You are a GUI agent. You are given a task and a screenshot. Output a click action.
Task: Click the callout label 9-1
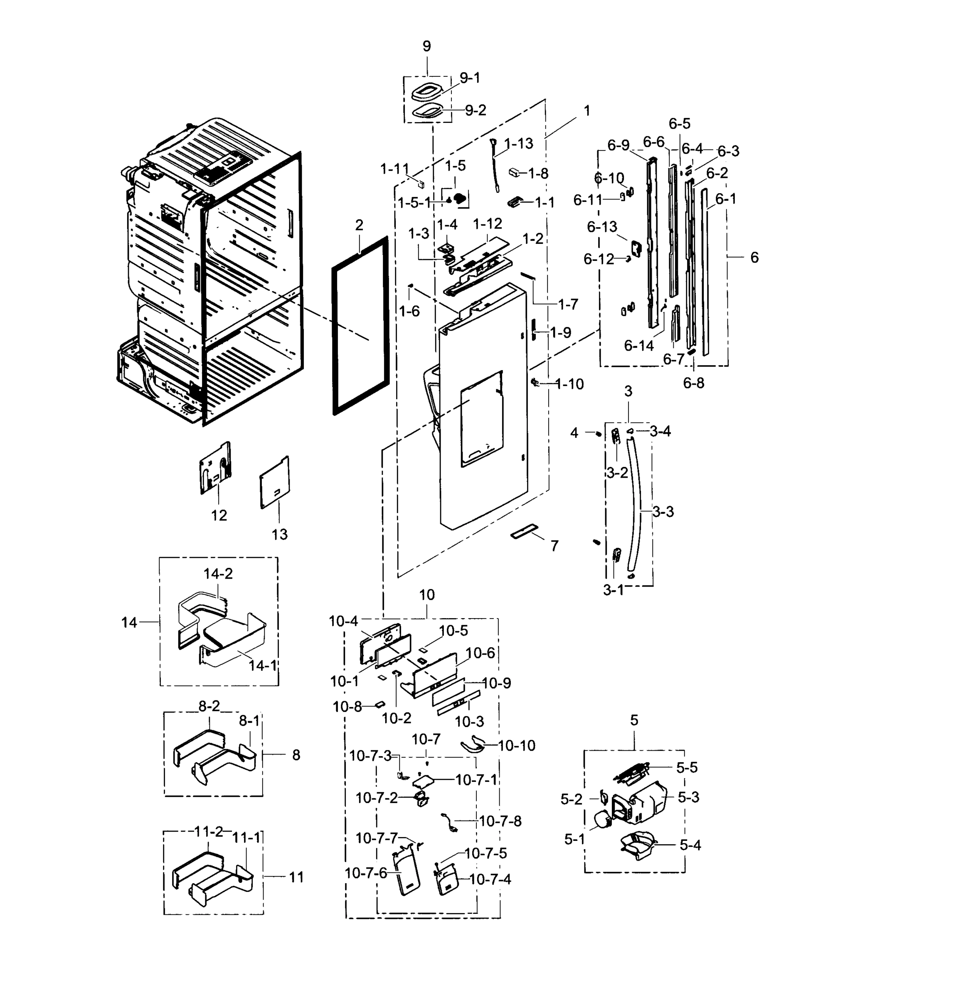pos(469,78)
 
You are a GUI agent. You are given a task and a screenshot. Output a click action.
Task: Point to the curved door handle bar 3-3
pos(637,503)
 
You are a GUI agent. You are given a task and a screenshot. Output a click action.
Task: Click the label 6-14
pos(638,346)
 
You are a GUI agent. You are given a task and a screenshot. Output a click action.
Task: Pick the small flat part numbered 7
pos(524,533)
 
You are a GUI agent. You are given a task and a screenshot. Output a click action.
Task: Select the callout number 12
pos(219,515)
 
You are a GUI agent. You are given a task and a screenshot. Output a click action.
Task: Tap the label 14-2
pos(218,574)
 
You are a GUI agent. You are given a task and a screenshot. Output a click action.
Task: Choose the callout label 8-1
pos(249,720)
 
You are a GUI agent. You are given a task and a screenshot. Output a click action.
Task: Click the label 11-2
pos(209,832)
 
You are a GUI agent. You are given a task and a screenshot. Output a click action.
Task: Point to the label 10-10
pos(517,746)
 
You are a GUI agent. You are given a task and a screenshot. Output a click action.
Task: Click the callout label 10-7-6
pos(365,873)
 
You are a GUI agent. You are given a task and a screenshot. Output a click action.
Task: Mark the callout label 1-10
pos(569,384)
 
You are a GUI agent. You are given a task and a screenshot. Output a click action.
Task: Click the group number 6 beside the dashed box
pos(754,258)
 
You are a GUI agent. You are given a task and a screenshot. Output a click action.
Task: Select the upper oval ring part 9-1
pos(426,93)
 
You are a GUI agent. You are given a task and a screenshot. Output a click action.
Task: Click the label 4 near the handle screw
pos(574,433)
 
